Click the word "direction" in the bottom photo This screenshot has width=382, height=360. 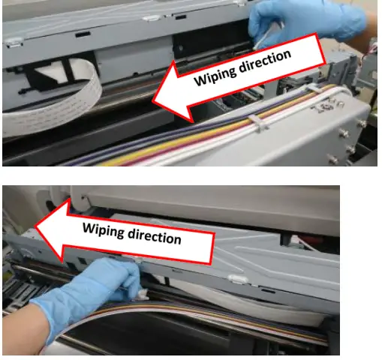pyautogui.click(x=155, y=237)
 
